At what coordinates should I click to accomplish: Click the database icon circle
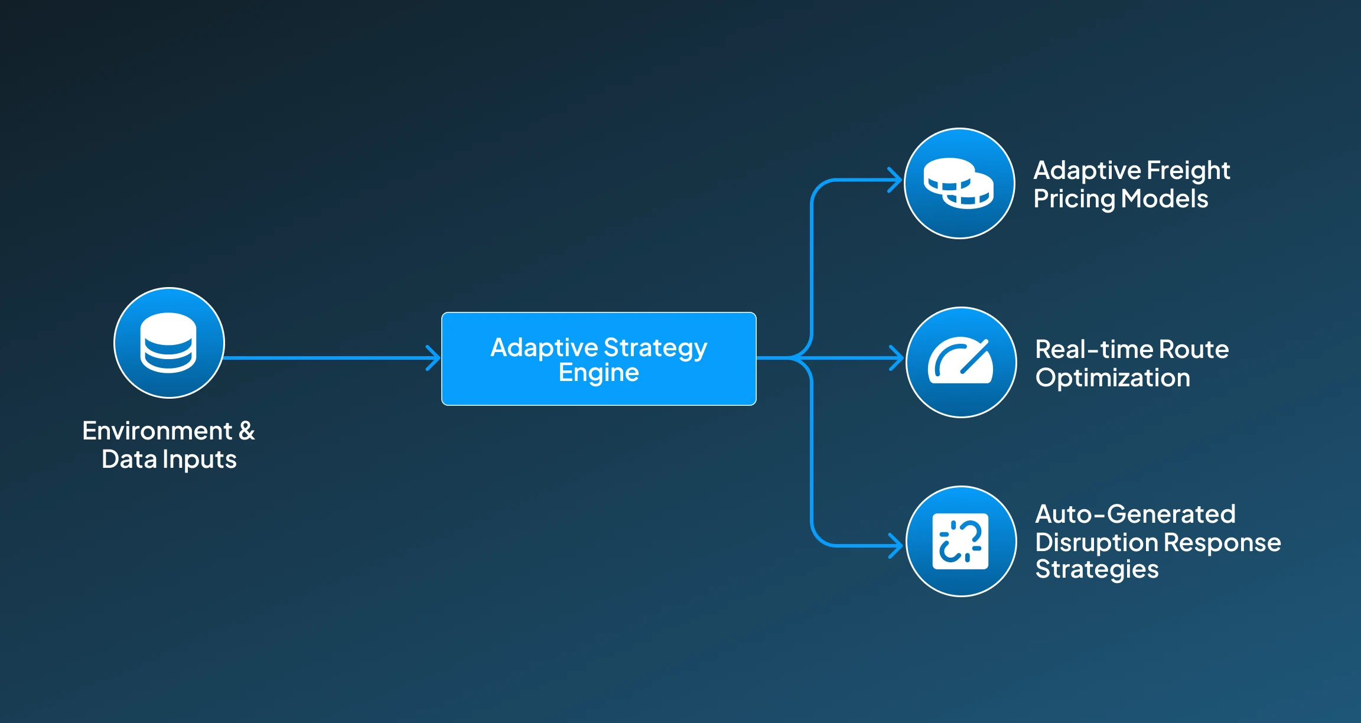169,343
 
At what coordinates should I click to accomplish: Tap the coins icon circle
959,184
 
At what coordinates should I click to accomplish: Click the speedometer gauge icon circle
961,362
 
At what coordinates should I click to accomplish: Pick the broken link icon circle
961,541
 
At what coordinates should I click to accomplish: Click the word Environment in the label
157,431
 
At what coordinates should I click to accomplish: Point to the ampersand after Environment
247,431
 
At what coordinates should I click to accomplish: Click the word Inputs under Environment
200,460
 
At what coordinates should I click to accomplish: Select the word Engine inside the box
598,373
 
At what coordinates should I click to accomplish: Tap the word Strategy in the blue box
655,347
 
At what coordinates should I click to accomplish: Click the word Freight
1188,171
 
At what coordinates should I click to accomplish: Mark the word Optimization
1112,378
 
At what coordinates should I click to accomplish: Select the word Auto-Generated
1135,514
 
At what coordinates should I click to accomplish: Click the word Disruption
1096,542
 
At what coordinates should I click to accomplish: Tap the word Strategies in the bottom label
1096,569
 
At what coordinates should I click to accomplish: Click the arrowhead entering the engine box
434,358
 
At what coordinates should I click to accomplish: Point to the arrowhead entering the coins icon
896,180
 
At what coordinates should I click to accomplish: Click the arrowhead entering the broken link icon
897,545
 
